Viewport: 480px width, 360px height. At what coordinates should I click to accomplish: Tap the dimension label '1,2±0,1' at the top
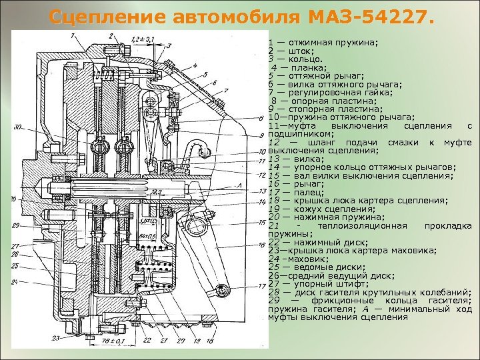(142, 39)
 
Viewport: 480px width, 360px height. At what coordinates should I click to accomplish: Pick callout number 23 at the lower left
(58, 338)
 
